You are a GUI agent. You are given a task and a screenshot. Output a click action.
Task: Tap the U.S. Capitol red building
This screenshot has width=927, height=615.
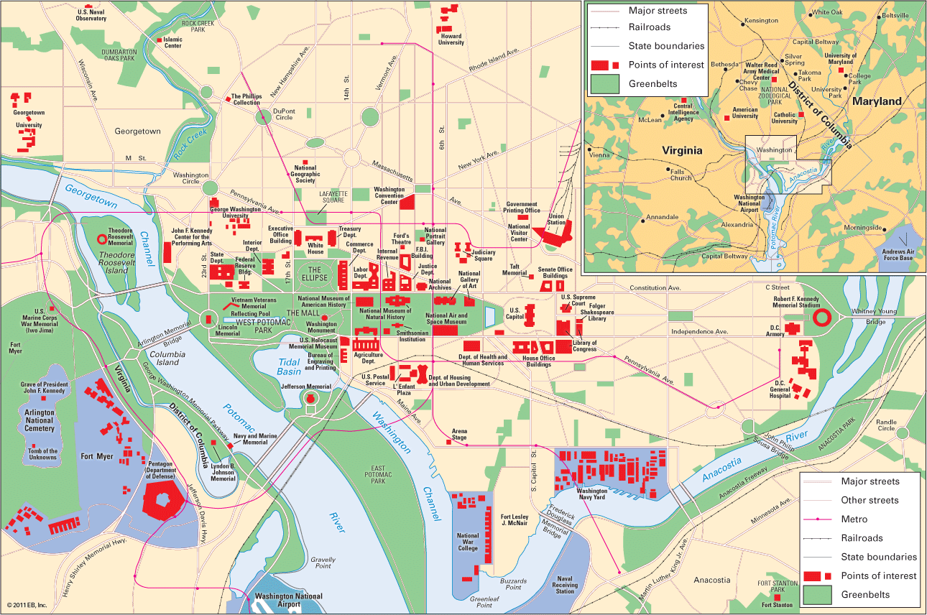coord(531,315)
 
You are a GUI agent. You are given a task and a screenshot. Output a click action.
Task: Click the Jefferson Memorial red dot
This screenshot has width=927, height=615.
coord(310,397)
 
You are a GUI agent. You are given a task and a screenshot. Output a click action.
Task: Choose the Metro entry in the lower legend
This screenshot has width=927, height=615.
coord(854,519)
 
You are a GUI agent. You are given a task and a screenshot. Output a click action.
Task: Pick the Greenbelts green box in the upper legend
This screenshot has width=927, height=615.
coord(604,84)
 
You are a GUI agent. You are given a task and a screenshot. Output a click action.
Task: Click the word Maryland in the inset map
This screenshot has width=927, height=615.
coord(876,101)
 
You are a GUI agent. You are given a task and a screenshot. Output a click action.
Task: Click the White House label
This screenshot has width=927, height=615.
coord(315,249)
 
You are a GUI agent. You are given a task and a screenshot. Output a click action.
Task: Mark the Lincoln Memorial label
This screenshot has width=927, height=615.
coord(228,330)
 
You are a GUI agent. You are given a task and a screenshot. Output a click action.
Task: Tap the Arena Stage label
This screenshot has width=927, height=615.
coord(459,433)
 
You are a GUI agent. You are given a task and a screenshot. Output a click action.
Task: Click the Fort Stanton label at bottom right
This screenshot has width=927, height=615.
coord(778,605)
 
